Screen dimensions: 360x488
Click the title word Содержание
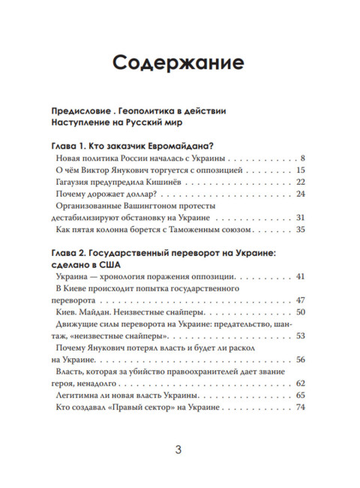(179, 62)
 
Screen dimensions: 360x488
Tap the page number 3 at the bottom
(178, 450)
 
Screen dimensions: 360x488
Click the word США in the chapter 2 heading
(112, 265)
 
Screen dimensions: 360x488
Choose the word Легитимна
(81, 395)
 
